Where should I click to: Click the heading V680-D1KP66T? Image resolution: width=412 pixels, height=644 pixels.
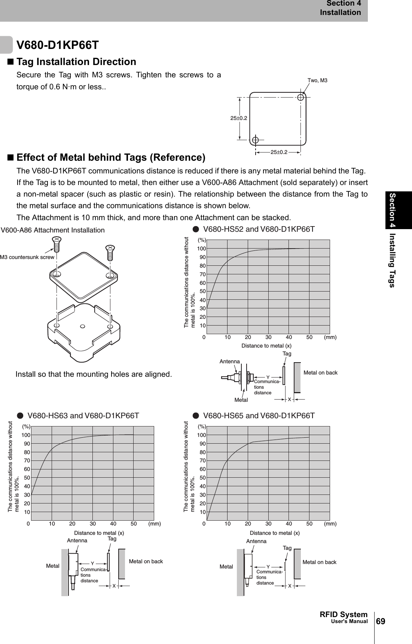58,45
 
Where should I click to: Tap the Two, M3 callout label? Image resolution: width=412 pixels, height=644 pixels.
317,80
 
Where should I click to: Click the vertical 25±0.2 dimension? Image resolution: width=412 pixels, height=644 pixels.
239,118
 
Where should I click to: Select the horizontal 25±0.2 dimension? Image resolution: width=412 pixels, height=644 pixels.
279,152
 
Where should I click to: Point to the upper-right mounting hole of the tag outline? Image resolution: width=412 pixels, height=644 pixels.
301,97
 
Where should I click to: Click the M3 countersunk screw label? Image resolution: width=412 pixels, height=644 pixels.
27,257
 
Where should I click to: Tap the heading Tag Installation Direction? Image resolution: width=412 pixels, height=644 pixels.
76,62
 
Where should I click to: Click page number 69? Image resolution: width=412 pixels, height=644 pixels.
380,621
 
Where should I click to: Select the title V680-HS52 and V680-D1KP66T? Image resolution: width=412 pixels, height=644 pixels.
259,229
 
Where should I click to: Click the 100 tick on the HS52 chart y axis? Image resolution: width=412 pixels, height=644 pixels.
201,249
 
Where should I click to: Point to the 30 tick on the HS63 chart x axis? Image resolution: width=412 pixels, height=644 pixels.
93,524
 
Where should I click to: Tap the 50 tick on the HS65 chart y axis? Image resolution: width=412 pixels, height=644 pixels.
202,478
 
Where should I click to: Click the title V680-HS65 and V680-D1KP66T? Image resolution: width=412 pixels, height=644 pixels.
259,415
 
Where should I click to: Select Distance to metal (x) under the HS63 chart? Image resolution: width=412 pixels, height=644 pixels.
99,533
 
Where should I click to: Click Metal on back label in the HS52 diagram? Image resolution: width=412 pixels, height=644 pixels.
320,373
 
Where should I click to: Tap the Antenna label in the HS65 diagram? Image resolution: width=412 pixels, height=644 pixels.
256,541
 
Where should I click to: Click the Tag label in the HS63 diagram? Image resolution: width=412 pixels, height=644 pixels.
112,539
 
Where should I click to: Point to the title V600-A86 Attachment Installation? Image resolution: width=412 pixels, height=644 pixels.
53,230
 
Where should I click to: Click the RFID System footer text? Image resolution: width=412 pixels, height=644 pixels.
344,614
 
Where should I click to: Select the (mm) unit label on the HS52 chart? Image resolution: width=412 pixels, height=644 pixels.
330,337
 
